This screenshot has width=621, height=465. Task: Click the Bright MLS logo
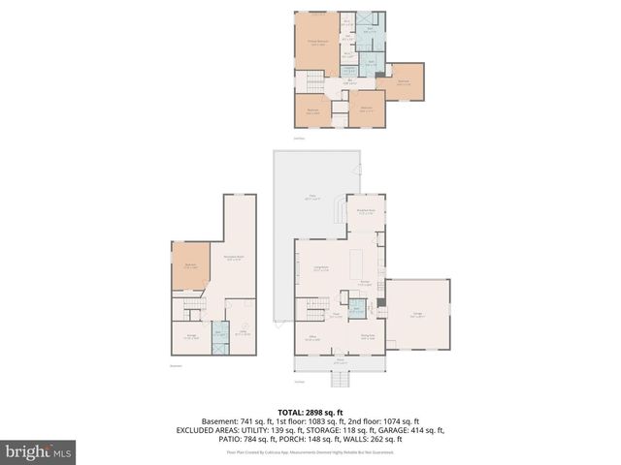tap(39, 451)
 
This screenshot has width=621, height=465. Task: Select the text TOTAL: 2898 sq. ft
tap(310, 411)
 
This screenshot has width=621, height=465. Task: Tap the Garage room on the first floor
tap(417, 315)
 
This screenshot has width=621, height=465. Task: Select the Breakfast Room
tap(367, 212)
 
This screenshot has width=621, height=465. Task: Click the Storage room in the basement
tap(190, 336)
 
